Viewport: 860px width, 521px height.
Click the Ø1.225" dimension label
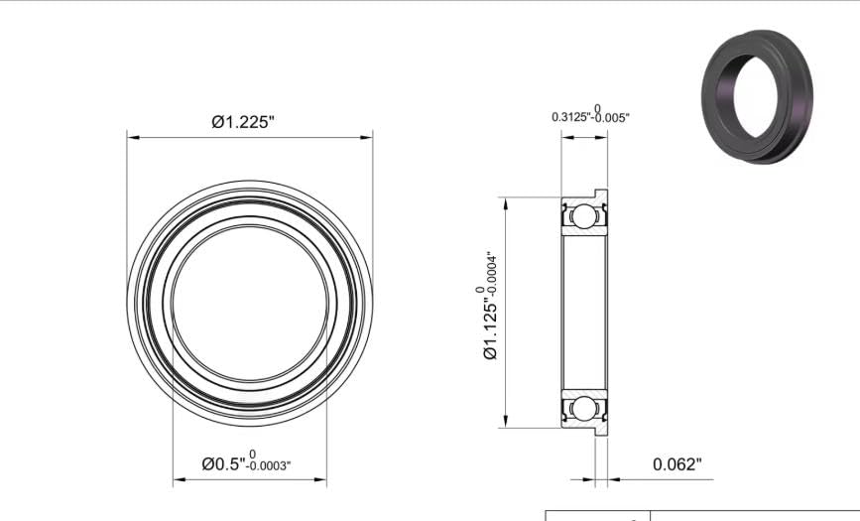(x=242, y=121)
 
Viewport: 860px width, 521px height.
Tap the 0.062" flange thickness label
(x=677, y=464)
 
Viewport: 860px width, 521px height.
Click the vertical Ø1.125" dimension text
(x=491, y=328)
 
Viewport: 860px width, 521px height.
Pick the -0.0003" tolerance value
(x=269, y=466)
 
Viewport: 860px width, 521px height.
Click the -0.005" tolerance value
(x=610, y=117)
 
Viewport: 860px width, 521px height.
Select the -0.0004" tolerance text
(x=492, y=274)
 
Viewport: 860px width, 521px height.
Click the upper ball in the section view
(x=583, y=215)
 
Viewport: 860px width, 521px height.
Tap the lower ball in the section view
(x=583, y=409)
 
